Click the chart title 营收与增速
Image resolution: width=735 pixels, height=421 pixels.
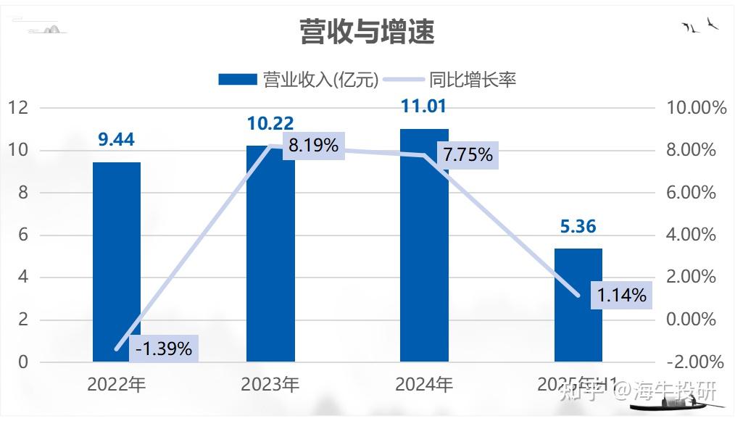(x=367, y=31)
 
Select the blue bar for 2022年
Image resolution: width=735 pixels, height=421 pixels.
(x=117, y=262)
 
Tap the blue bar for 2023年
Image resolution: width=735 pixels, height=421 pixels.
(x=270, y=254)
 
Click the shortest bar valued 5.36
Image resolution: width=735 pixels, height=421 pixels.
(x=578, y=304)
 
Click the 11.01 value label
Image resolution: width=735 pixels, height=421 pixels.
(x=424, y=107)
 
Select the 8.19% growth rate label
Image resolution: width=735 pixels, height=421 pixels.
(x=313, y=146)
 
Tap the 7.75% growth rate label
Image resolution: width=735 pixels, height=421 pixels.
(x=468, y=154)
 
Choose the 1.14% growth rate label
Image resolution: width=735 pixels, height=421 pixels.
(x=621, y=295)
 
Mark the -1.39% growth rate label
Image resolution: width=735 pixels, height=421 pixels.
(x=165, y=349)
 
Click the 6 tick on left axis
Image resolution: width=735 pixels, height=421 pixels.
(x=22, y=235)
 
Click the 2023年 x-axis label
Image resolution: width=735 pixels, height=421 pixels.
(x=270, y=384)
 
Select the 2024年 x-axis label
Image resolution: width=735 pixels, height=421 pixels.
(x=424, y=384)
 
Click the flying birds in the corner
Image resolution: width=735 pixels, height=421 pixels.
(x=700, y=27)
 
